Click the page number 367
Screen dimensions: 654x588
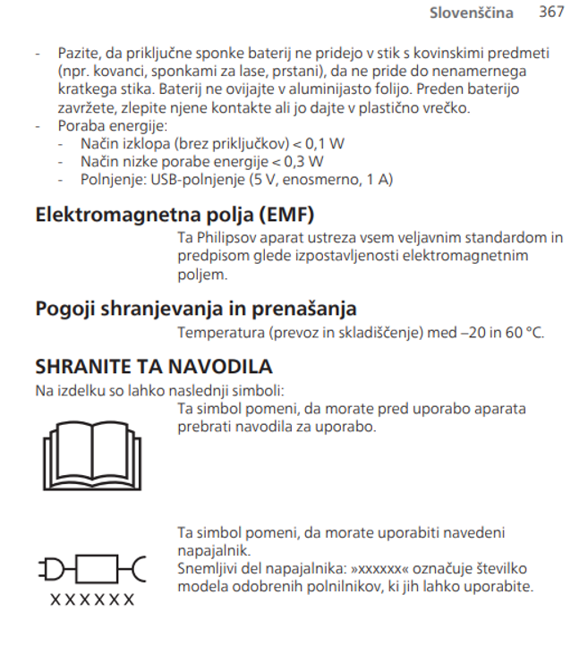(552, 12)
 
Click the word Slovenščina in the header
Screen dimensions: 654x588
(472, 13)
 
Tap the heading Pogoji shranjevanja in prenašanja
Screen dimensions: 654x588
(196, 309)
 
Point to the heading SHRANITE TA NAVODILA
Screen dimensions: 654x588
(153, 367)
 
